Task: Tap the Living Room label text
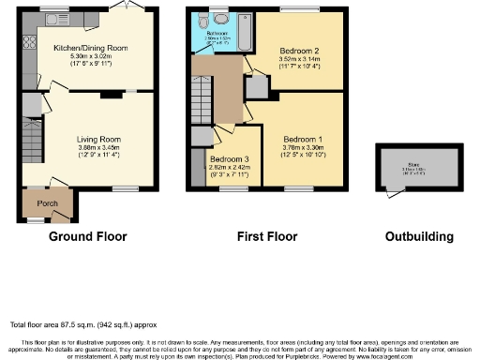[98, 140]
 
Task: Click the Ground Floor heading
[87, 236]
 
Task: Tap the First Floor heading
[265, 236]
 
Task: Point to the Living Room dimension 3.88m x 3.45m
[98, 149]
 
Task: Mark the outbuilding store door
[391, 190]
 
